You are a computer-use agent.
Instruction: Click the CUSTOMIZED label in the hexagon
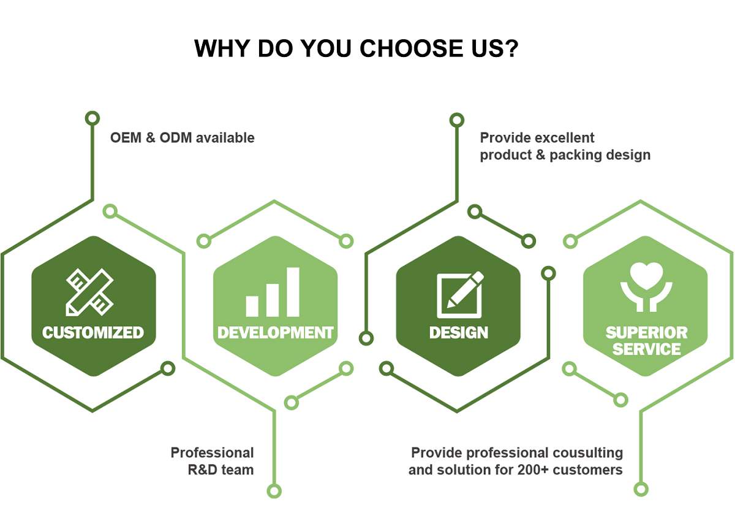coord(93,332)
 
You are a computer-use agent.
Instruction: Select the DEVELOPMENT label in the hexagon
coord(275,332)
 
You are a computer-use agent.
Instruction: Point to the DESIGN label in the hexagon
coord(459,332)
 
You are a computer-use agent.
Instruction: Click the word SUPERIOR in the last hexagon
coord(646,332)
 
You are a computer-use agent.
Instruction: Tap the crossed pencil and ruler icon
coord(89,292)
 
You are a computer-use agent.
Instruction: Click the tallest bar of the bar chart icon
coord(293,292)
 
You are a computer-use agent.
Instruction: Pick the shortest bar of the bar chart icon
coord(252,306)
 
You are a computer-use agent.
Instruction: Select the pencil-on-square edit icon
coord(460,295)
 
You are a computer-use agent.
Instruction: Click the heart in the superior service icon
coord(646,276)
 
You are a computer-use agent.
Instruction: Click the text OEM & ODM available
coord(183,138)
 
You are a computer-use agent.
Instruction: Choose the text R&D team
coord(221,470)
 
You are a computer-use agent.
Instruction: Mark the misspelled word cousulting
coord(587,453)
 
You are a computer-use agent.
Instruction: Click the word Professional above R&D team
coord(213,452)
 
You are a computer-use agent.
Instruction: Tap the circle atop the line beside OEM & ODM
coord(92,118)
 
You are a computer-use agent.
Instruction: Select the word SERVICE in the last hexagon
coord(646,349)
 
